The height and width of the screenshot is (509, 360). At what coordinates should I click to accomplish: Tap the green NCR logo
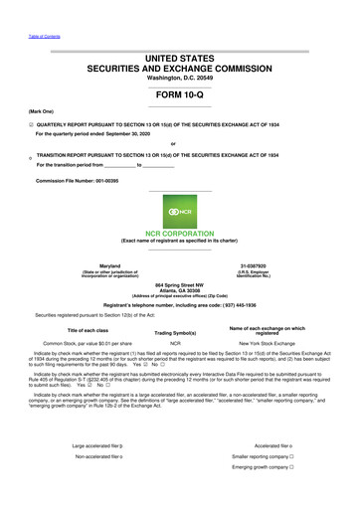point(179,211)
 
